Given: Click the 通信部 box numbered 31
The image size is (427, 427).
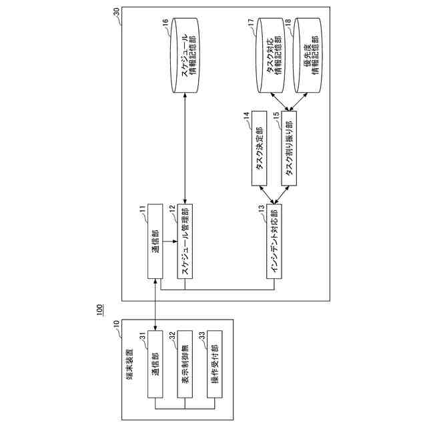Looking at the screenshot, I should click(x=155, y=364).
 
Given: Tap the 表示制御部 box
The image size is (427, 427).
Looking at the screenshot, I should click(x=184, y=364).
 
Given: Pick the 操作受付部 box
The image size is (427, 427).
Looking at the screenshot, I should click(x=214, y=364).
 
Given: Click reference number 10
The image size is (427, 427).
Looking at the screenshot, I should click(x=117, y=325).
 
